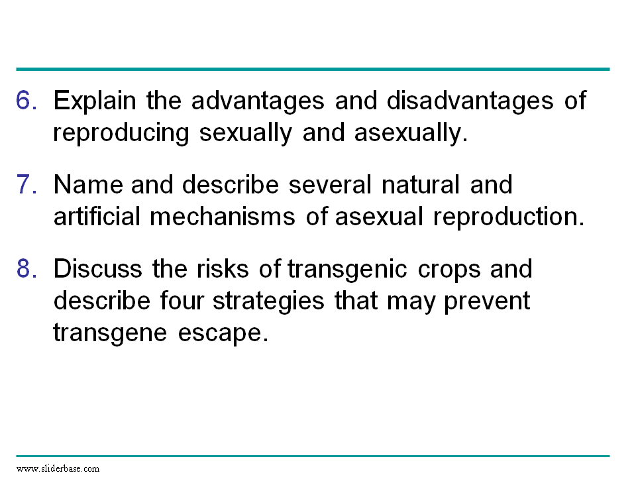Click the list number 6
(x=26, y=100)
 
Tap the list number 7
(x=26, y=185)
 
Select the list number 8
(x=26, y=269)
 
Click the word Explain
(x=95, y=101)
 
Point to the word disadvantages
(x=470, y=101)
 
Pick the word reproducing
(x=121, y=134)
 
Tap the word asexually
(x=411, y=133)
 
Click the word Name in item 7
(x=88, y=185)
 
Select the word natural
(x=421, y=185)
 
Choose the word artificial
(x=97, y=216)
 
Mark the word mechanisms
(x=223, y=216)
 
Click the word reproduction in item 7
(x=509, y=217)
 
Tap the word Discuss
(x=98, y=269)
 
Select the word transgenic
(x=347, y=270)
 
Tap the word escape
(x=223, y=334)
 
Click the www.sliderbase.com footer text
(x=58, y=468)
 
